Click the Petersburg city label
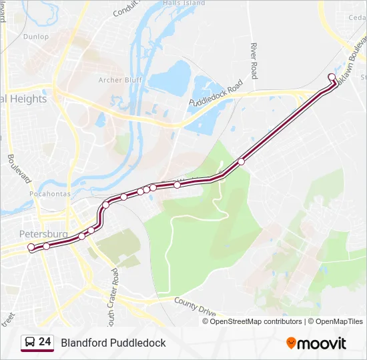(43, 234)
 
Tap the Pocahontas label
(50, 193)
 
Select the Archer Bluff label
(119, 80)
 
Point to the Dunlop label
(35, 37)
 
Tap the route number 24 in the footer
(45, 342)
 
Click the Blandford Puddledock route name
(113, 343)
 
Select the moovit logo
(316, 343)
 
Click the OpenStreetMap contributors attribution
(256, 321)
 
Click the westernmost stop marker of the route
(31, 247)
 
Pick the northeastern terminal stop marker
(332, 77)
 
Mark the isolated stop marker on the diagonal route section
(241, 161)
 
